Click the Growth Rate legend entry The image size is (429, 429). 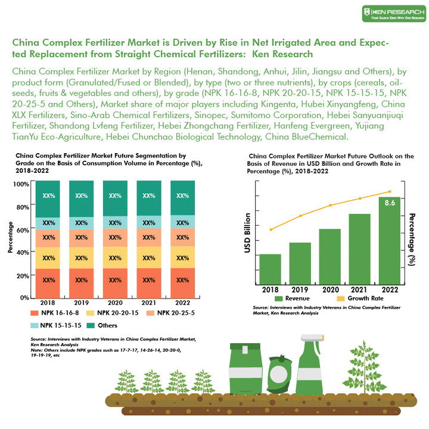(x=360, y=298)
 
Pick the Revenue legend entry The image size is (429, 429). (x=292, y=298)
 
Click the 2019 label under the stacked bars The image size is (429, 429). (x=82, y=302)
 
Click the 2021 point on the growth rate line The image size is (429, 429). (x=360, y=198)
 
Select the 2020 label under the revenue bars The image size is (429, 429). (x=330, y=289)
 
